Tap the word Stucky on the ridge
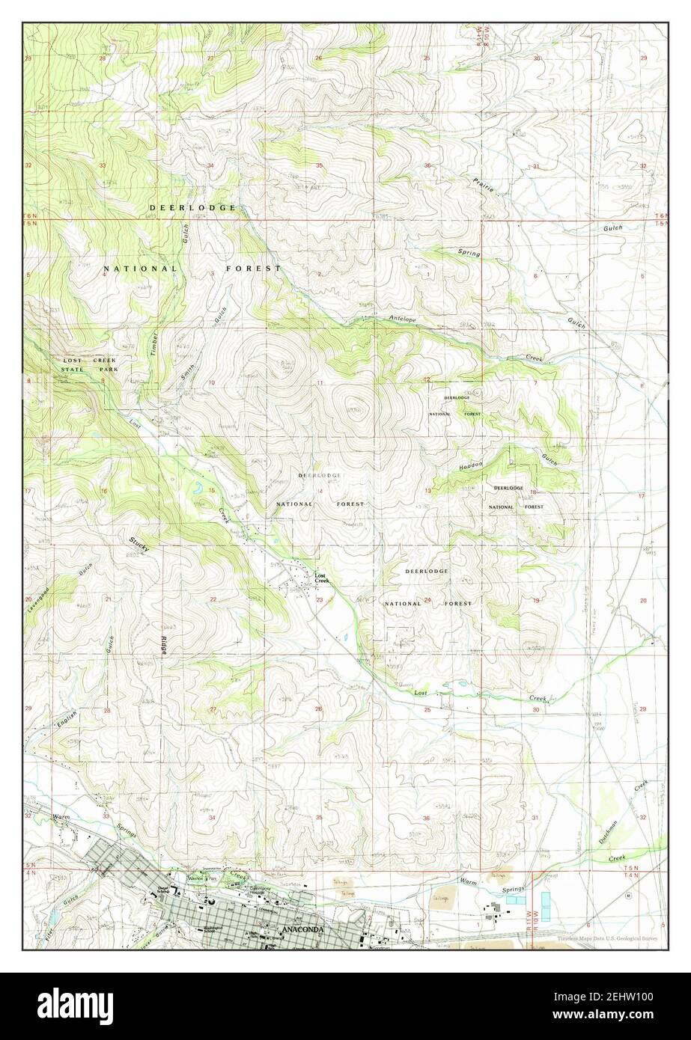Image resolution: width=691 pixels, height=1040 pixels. coord(138,544)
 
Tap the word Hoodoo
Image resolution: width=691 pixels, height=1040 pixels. coord(472,465)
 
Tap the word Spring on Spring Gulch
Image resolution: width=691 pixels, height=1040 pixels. coord(469,253)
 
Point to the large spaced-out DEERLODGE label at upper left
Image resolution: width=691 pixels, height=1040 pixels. coord(192,207)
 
